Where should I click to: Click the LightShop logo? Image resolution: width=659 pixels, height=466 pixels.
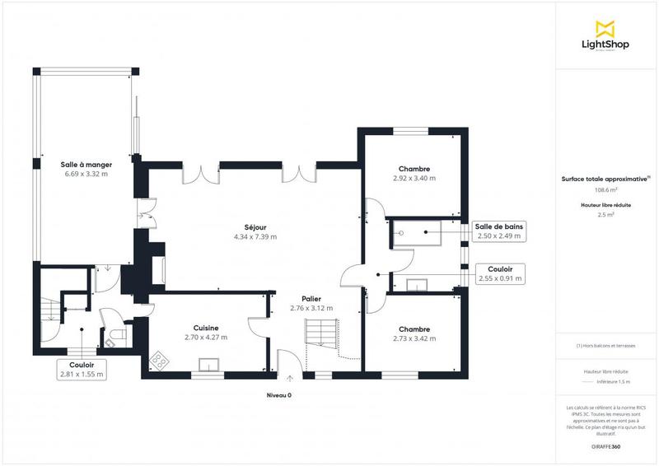point(605,36)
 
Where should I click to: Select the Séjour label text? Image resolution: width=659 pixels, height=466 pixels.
point(255,227)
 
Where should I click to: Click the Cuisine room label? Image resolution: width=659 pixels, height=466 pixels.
point(205,327)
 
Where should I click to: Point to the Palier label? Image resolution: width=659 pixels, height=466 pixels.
point(311,299)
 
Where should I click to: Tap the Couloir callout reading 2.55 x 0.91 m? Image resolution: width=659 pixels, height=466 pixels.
point(500,274)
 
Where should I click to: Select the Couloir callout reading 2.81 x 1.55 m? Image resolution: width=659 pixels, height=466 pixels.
point(81,369)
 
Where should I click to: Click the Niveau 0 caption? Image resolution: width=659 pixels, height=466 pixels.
point(278,395)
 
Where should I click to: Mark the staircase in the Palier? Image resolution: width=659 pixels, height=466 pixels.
point(320,333)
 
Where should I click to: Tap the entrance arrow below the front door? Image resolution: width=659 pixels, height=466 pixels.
point(289,379)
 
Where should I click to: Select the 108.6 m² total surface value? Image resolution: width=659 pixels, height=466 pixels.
point(605,189)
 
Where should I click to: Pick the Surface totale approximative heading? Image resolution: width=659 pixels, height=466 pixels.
point(605,178)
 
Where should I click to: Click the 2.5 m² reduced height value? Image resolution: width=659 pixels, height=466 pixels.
point(605,214)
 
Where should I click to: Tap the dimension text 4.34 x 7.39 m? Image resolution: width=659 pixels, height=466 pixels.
point(255,237)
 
